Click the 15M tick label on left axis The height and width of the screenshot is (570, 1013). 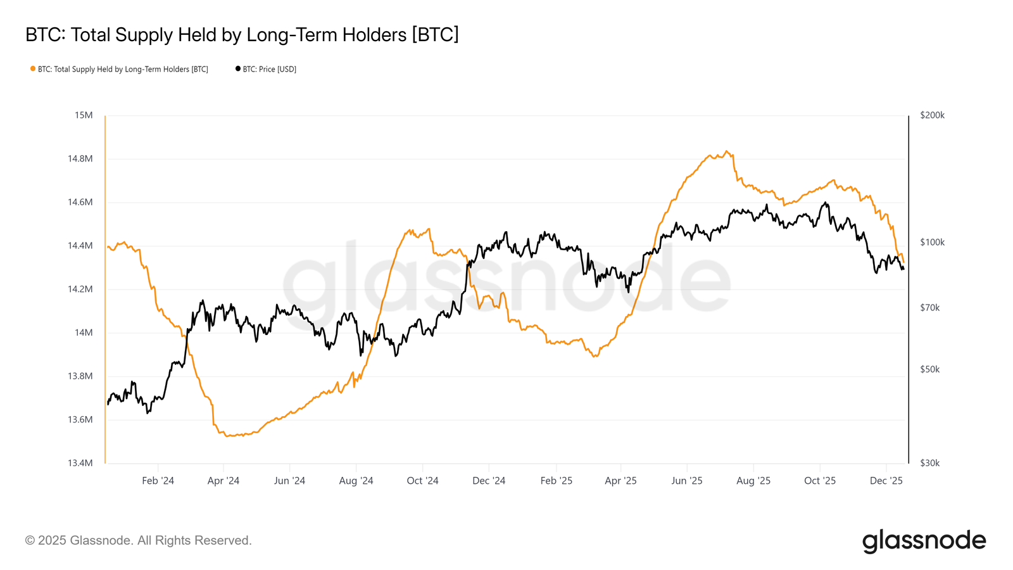[x=84, y=115]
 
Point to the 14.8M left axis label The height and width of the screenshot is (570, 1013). [x=80, y=159]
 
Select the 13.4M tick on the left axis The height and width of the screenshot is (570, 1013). [x=80, y=463]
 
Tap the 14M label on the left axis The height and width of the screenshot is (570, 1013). [x=84, y=332]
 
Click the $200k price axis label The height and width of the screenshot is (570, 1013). [x=932, y=115]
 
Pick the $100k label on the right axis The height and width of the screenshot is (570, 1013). [x=932, y=242]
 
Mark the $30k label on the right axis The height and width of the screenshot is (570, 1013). [x=929, y=463]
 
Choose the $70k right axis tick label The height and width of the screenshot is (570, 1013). [x=929, y=308]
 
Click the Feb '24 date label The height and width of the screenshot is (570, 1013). [x=158, y=481]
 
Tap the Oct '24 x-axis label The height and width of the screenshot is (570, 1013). [x=422, y=481]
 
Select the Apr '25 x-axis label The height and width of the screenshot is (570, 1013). [x=620, y=481]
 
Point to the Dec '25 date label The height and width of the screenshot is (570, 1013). [x=886, y=481]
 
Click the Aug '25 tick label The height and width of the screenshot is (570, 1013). [x=753, y=481]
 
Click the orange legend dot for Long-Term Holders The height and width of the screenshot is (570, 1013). [x=33, y=68]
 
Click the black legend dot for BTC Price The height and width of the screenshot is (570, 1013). [x=238, y=68]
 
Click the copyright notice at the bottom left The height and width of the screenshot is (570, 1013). [x=139, y=540]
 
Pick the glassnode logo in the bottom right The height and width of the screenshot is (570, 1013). [x=924, y=541]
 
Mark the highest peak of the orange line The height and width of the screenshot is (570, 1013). [x=727, y=151]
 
